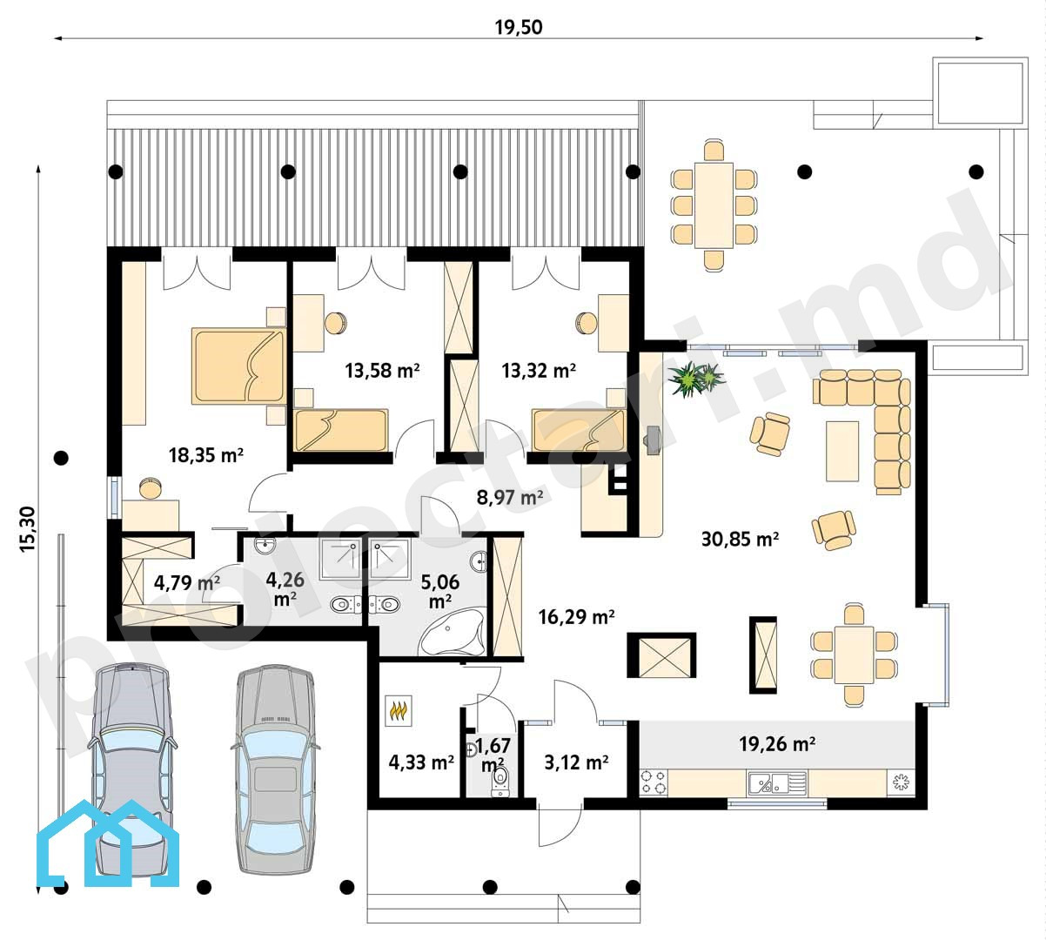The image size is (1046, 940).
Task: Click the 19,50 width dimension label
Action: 519,27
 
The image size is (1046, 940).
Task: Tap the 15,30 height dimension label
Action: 27,529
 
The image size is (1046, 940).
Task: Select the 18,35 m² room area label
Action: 206,455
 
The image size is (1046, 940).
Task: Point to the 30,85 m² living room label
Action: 740,540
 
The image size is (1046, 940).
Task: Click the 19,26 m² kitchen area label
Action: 776,744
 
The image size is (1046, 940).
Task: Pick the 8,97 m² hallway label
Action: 510,497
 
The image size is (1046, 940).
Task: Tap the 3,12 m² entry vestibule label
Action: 576,762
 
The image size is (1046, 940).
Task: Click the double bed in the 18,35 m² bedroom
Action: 238,366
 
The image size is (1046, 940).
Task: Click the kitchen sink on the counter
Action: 777,782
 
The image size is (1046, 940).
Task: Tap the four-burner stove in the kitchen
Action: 654,782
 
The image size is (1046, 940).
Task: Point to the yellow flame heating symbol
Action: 398,710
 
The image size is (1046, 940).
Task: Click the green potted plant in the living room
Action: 696,378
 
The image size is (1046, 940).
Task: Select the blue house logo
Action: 108,844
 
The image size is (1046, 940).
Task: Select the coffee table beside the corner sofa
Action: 842,451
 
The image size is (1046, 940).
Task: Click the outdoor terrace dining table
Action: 714,205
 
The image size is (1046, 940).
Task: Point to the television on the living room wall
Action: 653,440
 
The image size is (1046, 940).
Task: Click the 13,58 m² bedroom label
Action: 382,370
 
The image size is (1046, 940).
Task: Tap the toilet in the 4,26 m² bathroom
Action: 345,603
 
